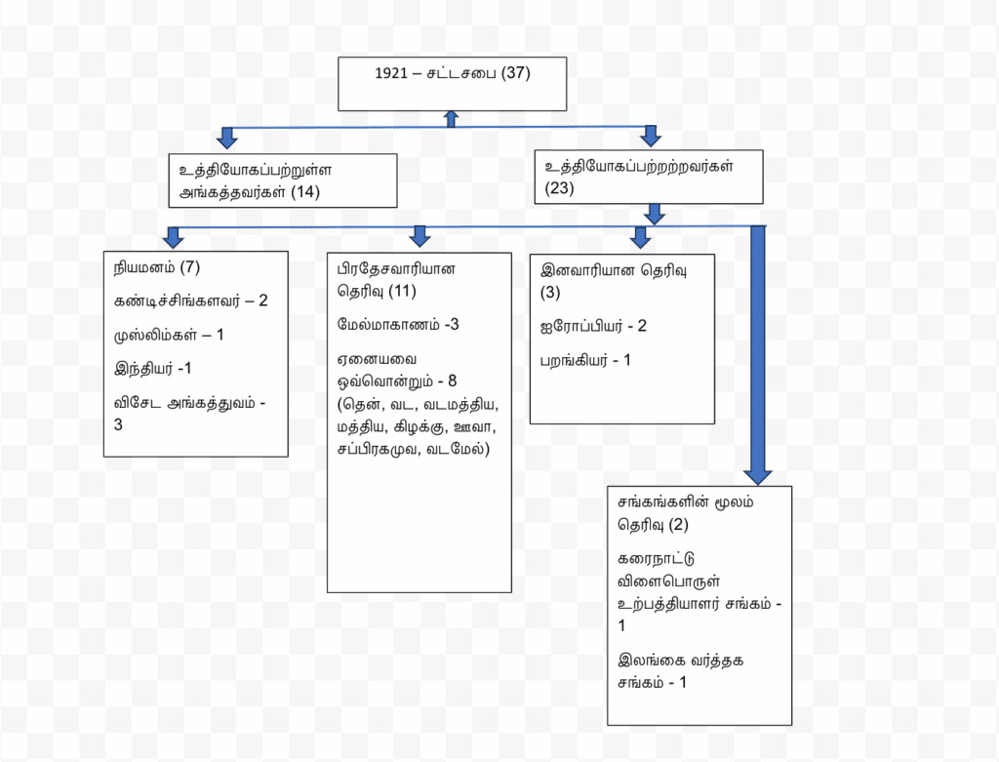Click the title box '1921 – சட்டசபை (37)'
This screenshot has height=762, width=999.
pyautogui.click(x=452, y=84)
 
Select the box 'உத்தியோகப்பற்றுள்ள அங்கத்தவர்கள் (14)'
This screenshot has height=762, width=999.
pyautogui.click(x=282, y=180)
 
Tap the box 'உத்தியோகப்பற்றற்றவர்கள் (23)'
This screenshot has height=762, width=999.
pyautogui.click(x=648, y=177)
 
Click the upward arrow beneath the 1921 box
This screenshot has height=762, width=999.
pyautogui.click(x=451, y=119)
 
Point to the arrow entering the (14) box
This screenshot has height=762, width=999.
pyautogui.click(x=228, y=138)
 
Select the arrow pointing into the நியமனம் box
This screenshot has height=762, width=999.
pyautogui.click(x=174, y=237)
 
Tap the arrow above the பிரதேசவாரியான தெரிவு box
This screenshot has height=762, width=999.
pyautogui.click(x=420, y=236)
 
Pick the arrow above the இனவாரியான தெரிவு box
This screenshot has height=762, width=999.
pyautogui.click(x=641, y=237)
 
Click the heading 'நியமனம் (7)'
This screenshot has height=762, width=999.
pyautogui.click(x=157, y=267)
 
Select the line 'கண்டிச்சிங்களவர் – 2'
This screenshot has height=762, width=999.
pyautogui.click(x=190, y=300)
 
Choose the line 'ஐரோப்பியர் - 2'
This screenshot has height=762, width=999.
pyautogui.click(x=593, y=326)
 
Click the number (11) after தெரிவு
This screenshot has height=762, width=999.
pyautogui.click(x=402, y=291)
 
